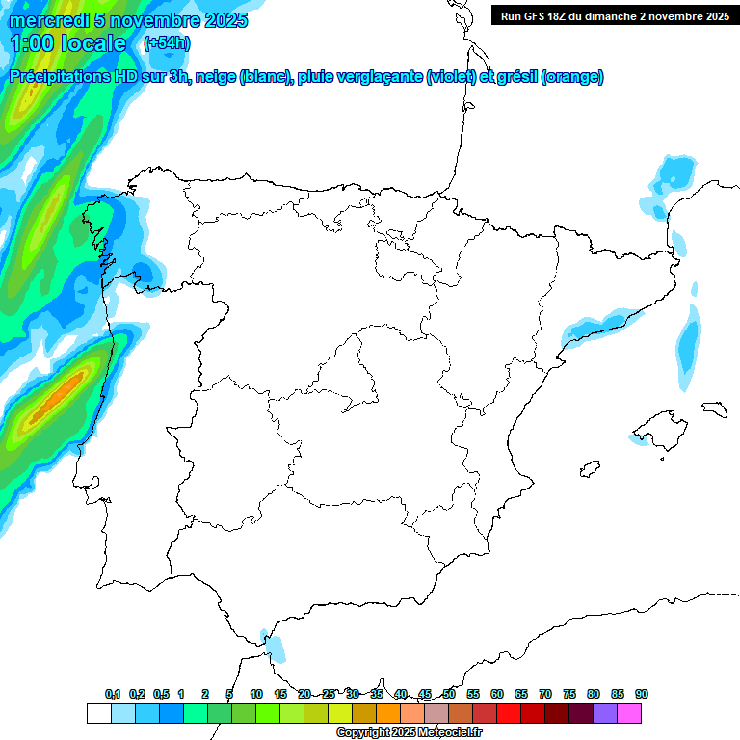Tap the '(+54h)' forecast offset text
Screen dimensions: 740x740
point(167,43)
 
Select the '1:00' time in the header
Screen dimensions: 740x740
point(32,43)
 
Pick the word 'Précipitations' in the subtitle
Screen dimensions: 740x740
point(60,77)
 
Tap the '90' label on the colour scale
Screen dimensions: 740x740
point(642,695)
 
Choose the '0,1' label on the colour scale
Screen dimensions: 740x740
point(113,695)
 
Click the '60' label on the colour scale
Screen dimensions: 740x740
point(497,695)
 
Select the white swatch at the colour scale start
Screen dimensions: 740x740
point(98,713)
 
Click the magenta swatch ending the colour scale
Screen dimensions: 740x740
point(629,713)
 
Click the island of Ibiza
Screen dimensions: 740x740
point(591,469)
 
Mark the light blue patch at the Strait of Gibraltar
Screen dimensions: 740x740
point(276,647)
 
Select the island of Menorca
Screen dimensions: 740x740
point(714,409)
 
